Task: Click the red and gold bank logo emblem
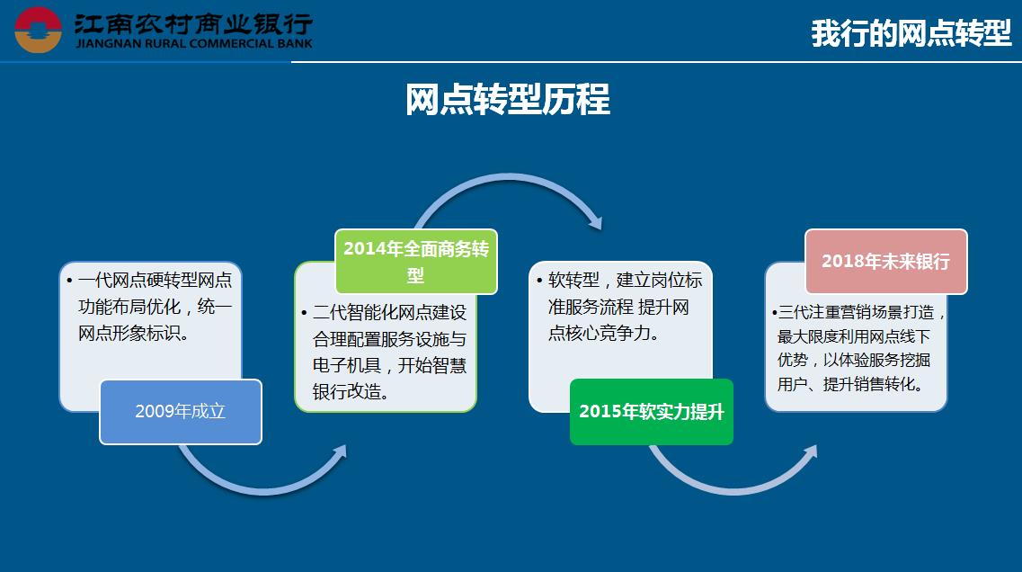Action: (38, 30)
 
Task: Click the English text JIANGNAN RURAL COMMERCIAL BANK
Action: (194, 44)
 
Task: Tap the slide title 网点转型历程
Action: (508, 100)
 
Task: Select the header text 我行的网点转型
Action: (911, 33)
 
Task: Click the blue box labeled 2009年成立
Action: (181, 412)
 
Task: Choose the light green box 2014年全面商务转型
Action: (416, 262)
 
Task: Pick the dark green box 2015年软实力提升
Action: (651, 412)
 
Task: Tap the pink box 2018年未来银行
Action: (885, 262)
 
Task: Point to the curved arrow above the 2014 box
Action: (509, 176)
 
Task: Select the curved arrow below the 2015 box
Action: (733, 489)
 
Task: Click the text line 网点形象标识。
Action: (134, 334)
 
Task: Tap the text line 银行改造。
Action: (351, 391)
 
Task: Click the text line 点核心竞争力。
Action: (603, 334)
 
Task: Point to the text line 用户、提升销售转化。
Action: (850, 384)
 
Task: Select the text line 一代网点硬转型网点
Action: (156, 281)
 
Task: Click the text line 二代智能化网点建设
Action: (390, 312)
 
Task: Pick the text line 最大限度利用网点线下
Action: (853, 336)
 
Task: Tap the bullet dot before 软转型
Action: (539, 282)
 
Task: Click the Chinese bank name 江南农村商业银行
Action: (193, 24)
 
